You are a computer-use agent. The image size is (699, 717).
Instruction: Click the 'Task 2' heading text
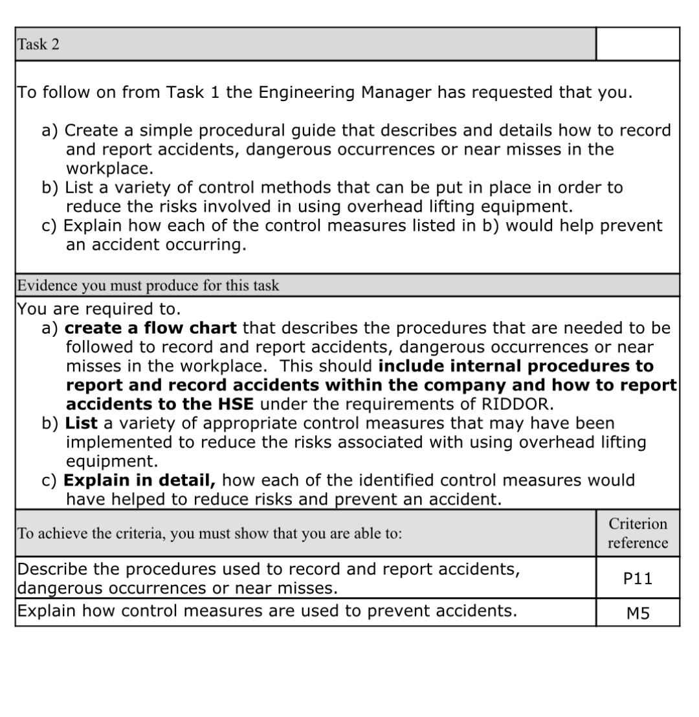[x=38, y=45]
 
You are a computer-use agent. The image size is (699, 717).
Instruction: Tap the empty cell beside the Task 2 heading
[x=637, y=44]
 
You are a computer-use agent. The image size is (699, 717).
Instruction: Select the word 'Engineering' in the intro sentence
[x=307, y=92]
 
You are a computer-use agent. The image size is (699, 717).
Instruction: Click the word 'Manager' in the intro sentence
[x=395, y=92]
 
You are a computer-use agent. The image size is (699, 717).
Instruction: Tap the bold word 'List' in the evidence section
[x=82, y=423]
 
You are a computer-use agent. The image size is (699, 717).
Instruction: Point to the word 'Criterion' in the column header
[x=638, y=523]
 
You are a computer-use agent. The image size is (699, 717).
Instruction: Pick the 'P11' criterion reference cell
[x=638, y=579]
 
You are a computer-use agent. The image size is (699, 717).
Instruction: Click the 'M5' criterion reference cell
[x=638, y=613]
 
